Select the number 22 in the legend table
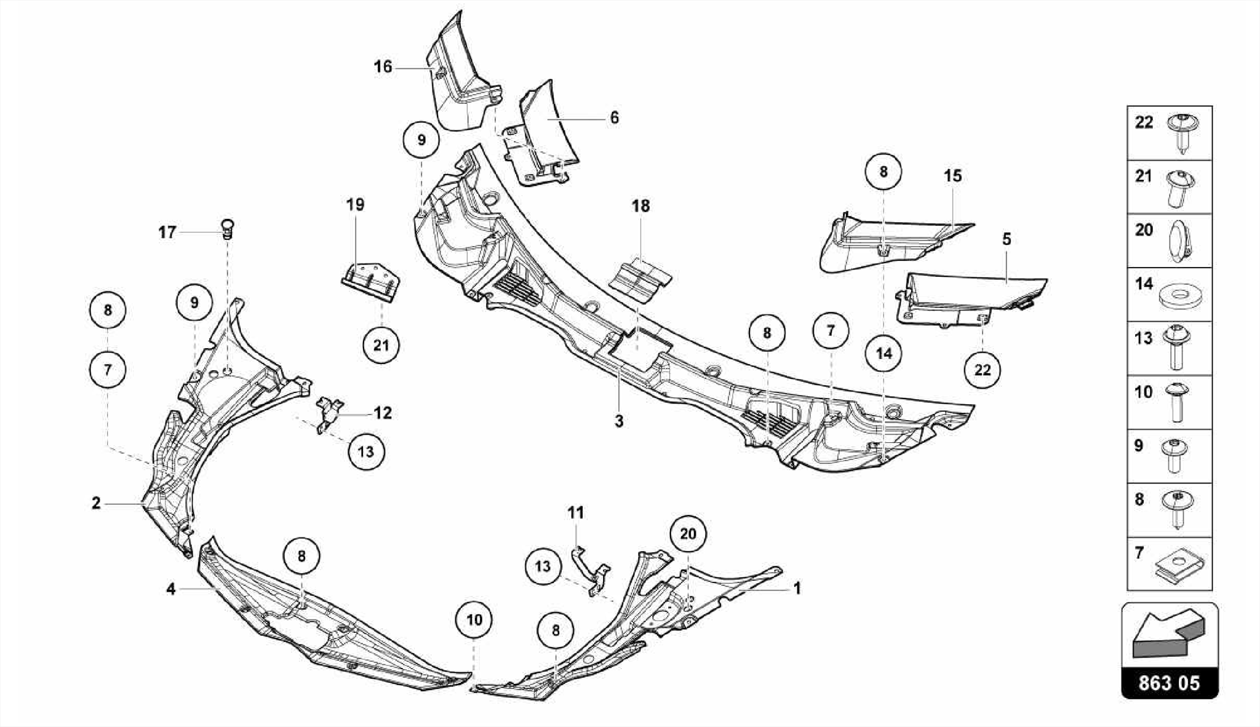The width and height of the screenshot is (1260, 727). click(x=1144, y=122)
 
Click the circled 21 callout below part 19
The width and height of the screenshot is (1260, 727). click(x=381, y=345)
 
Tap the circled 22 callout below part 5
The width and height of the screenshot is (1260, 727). click(x=983, y=370)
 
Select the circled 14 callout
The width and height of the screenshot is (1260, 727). click(x=883, y=353)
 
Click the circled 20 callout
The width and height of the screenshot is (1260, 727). click(x=688, y=534)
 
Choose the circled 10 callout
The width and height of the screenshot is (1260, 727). click(x=474, y=619)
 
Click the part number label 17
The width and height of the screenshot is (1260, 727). click(x=167, y=232)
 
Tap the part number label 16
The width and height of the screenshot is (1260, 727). click(x=383, y=66)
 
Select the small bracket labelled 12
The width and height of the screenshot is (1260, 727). click(x=329, y=411)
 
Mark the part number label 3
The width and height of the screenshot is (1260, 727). click(x=619, y=421)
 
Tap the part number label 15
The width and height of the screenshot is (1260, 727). click(x=952, y=176)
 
